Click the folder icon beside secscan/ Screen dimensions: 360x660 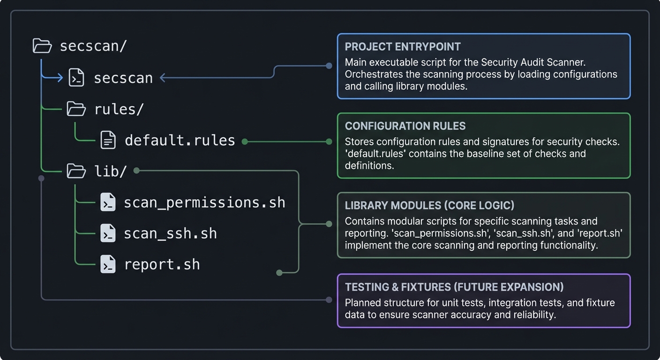42,46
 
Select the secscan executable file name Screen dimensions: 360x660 123,78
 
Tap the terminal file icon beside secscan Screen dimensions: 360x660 76,77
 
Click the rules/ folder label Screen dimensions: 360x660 119,109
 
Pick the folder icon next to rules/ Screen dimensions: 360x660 76,109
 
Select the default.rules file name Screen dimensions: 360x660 180,140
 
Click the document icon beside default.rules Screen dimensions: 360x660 108,140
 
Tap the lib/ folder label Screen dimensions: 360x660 111,171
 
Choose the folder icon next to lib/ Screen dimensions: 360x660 76,171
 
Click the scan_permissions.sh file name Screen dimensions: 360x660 204,202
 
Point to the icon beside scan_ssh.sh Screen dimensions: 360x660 108,233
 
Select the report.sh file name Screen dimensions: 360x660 162,264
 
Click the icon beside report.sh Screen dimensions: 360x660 108,265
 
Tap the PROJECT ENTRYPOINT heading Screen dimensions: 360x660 403,47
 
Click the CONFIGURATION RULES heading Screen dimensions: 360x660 405,126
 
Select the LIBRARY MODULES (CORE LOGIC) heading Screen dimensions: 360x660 429,206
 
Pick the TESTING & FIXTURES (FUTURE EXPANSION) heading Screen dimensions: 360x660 454,287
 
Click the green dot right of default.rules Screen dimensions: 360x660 244,141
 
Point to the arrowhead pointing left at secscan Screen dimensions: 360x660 163,78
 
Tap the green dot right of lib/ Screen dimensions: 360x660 136,171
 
